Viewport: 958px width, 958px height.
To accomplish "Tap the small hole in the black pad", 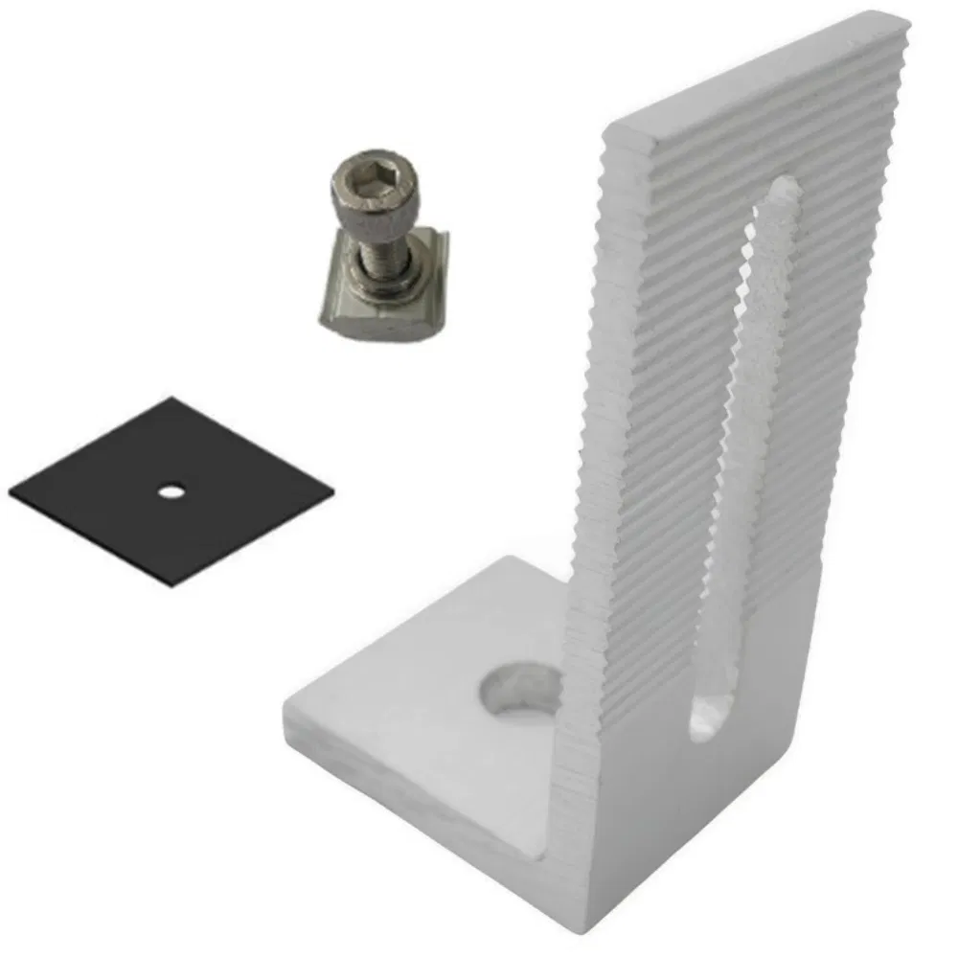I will (171, 491).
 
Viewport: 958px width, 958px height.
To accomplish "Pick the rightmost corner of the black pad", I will (334, 498).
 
